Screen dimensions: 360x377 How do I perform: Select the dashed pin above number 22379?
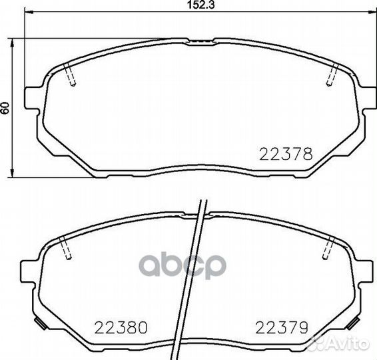(x=326, y=249)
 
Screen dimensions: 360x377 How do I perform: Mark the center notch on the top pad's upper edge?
(x=197, y=41)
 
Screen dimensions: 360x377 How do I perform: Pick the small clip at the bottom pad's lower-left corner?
(x=40, y=327)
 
